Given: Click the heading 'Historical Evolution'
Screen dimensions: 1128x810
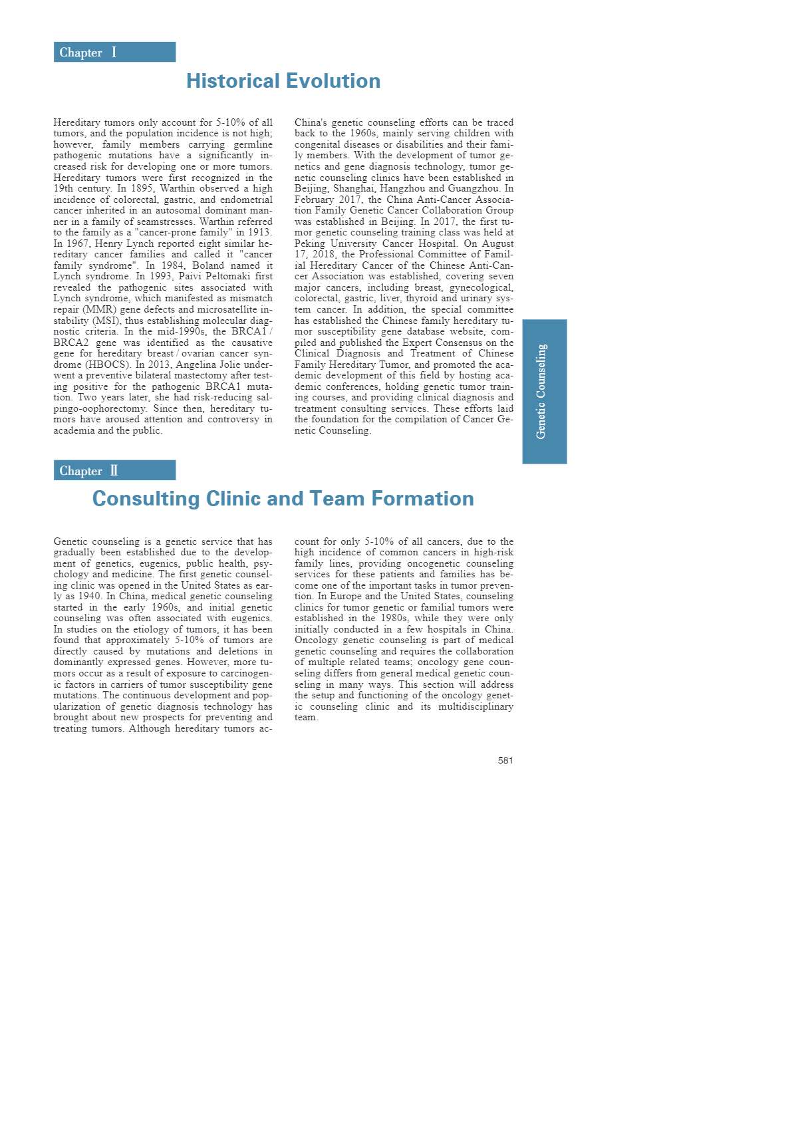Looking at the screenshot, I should tap(283, 81).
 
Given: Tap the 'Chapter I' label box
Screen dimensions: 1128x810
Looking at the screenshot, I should tap(114, 52).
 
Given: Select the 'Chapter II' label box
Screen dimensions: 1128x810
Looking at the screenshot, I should tap(114, 470).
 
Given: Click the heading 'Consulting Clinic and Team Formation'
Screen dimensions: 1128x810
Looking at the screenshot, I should tap(283, 499).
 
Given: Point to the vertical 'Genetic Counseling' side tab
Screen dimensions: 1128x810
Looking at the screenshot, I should tap(544, 391).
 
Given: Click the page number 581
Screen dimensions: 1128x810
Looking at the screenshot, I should tap(505, 760).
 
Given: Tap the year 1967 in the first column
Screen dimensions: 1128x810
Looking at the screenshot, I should tap(77, 243).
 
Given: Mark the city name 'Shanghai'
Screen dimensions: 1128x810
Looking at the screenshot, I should tap(353, 188).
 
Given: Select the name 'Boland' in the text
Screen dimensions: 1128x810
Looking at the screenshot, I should tap(209, 265).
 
